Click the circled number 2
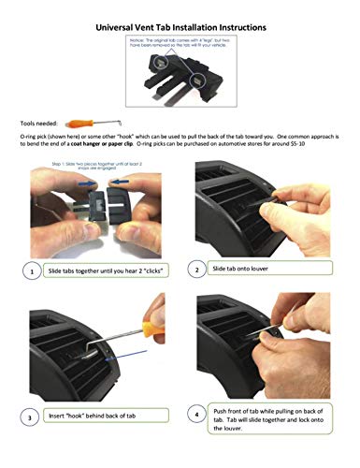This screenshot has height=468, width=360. (197, 270)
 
